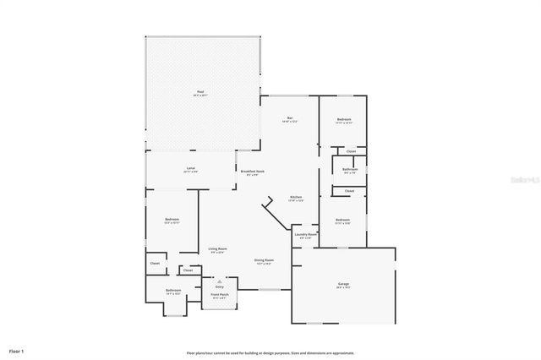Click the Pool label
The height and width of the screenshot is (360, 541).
(200, 91)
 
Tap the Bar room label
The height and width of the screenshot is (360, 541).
(289, 117)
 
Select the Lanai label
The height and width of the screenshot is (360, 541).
(190, 169)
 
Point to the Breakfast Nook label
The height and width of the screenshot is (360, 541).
(249, 172)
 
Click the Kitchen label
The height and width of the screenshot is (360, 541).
(295, 197)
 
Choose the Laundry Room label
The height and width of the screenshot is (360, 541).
(306, 234)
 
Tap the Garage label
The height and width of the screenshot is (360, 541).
(342, 285)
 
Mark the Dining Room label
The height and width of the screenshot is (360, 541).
(264, 260)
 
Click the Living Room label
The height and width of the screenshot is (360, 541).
(217, 248)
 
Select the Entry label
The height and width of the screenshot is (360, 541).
(219, 286)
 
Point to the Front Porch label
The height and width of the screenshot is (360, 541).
(218, 295)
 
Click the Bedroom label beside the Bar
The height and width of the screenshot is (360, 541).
(343, 120)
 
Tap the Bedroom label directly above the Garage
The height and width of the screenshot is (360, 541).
(342, 220)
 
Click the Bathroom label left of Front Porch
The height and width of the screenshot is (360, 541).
(173, 291)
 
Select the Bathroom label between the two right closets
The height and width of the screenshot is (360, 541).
(350, 168)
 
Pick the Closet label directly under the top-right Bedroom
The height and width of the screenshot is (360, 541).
(350, 151)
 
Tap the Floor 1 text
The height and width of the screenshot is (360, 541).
(17, 350)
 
